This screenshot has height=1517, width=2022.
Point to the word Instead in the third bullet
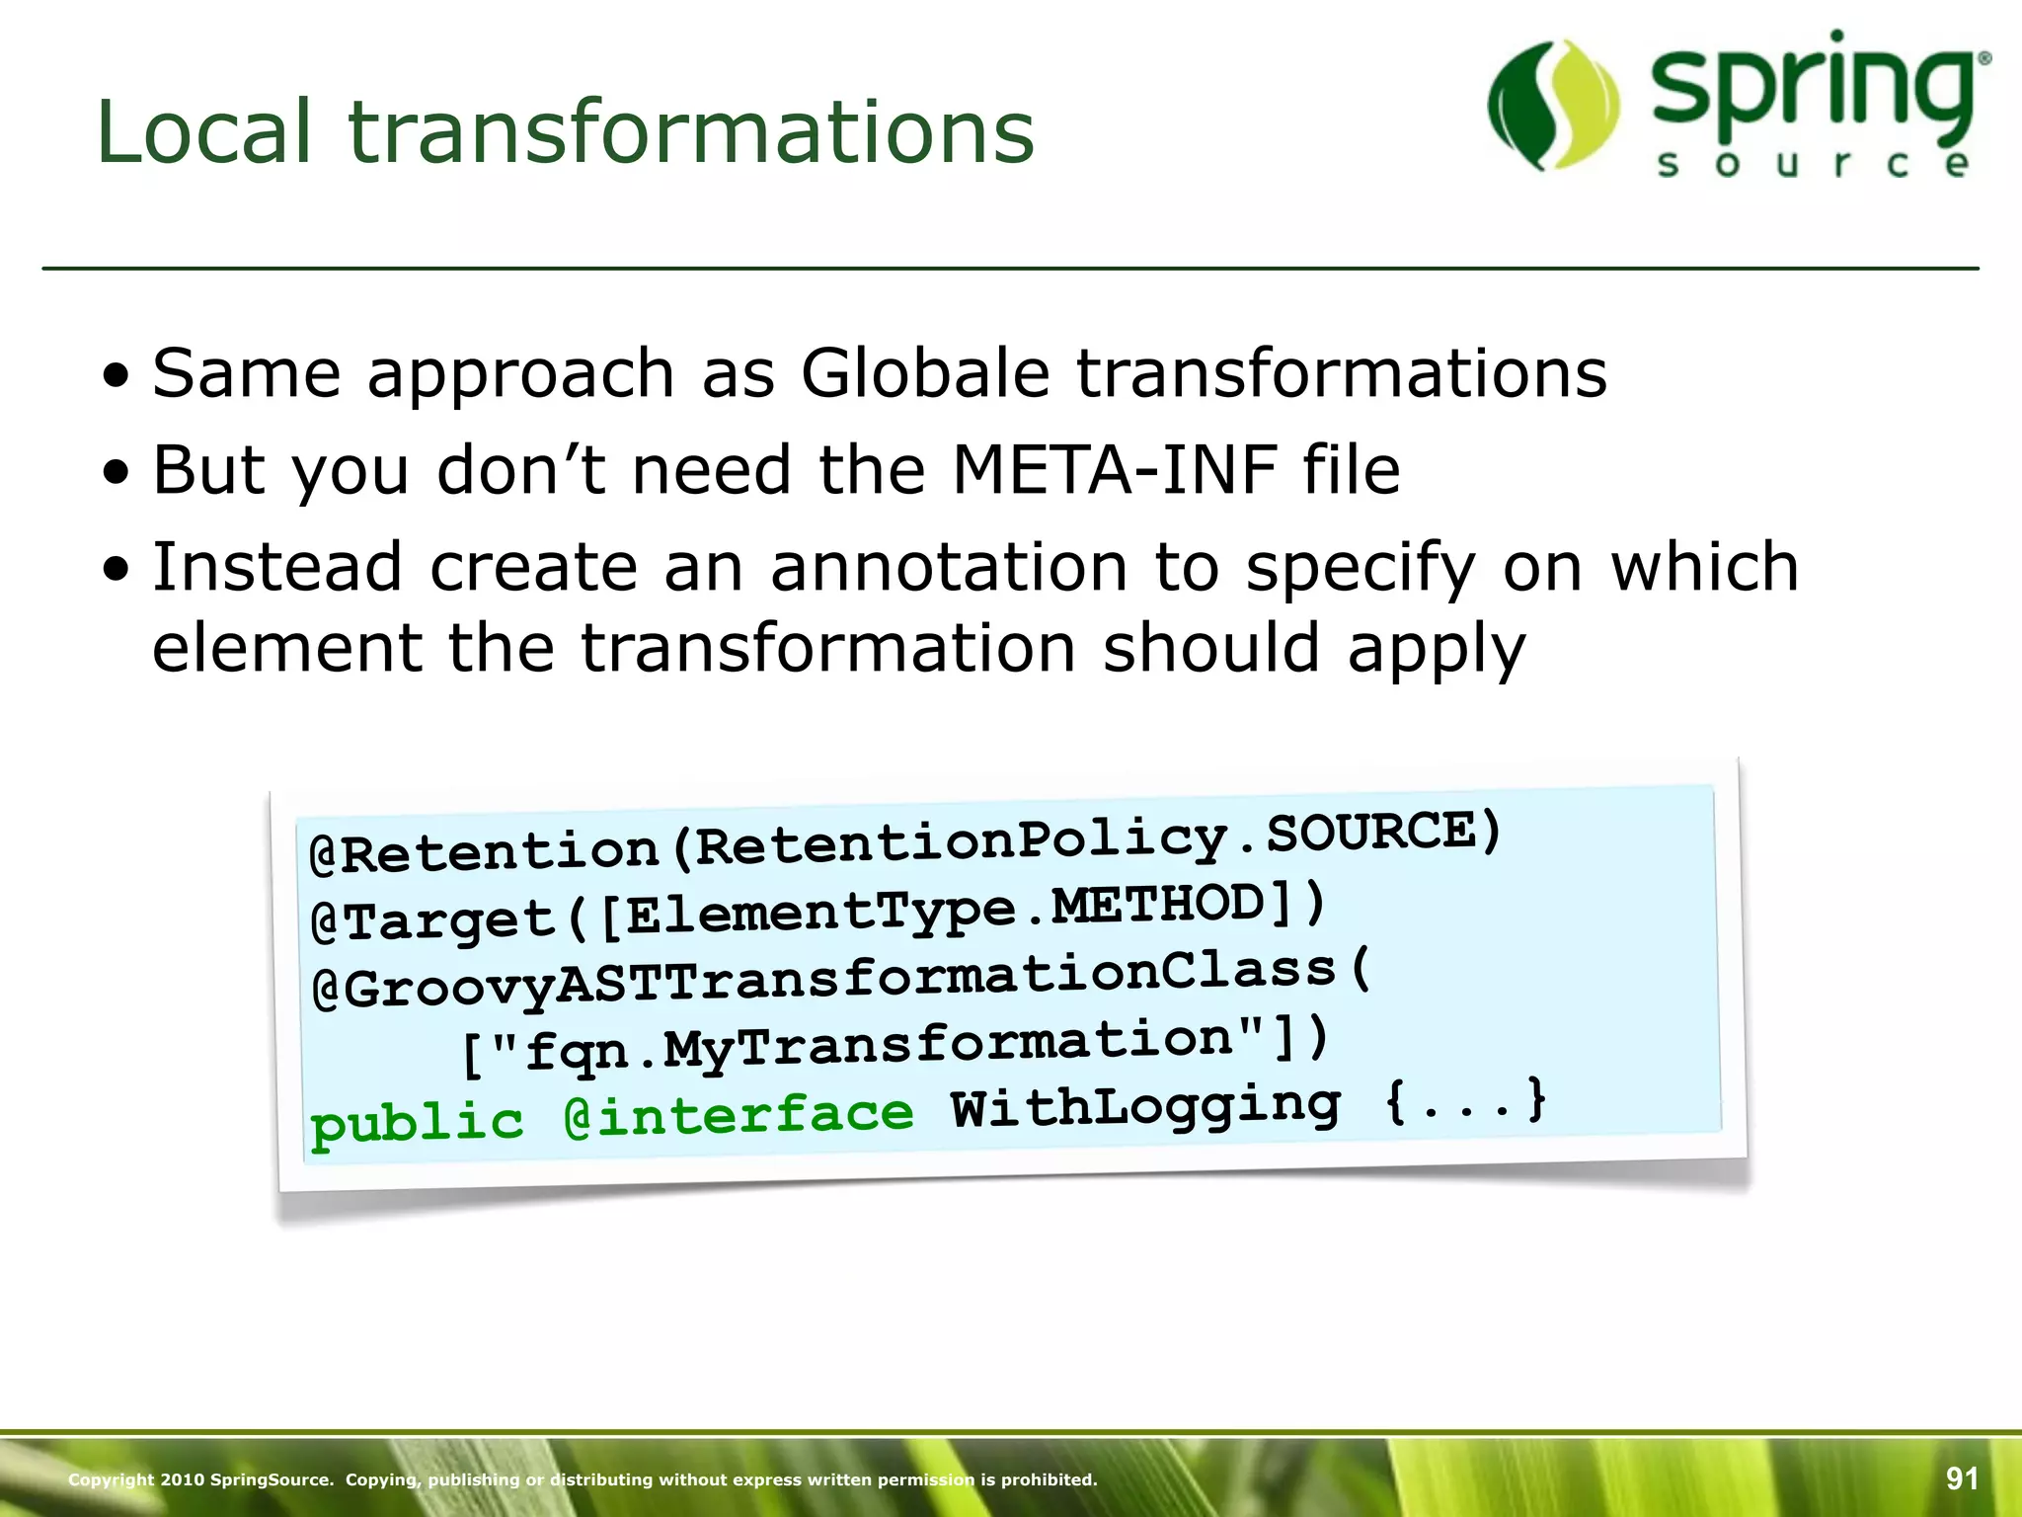tap(277, 567)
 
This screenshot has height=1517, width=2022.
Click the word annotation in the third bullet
tap(949, 567)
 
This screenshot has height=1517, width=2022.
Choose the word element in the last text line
tap(286, 648)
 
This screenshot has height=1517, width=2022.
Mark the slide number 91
tap(1962, 1478)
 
